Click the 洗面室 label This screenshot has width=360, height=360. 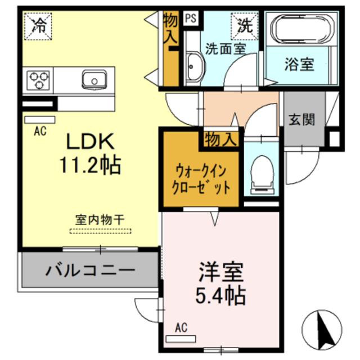[x=225, y=48]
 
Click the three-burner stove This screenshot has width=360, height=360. [x=38, y=79]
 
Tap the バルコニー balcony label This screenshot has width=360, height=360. [x=90, y=270]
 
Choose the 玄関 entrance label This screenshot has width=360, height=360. [x=301, y=120]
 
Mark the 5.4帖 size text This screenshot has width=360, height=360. [x=220, y=295]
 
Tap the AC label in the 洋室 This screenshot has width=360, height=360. [x=181, y=327]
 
